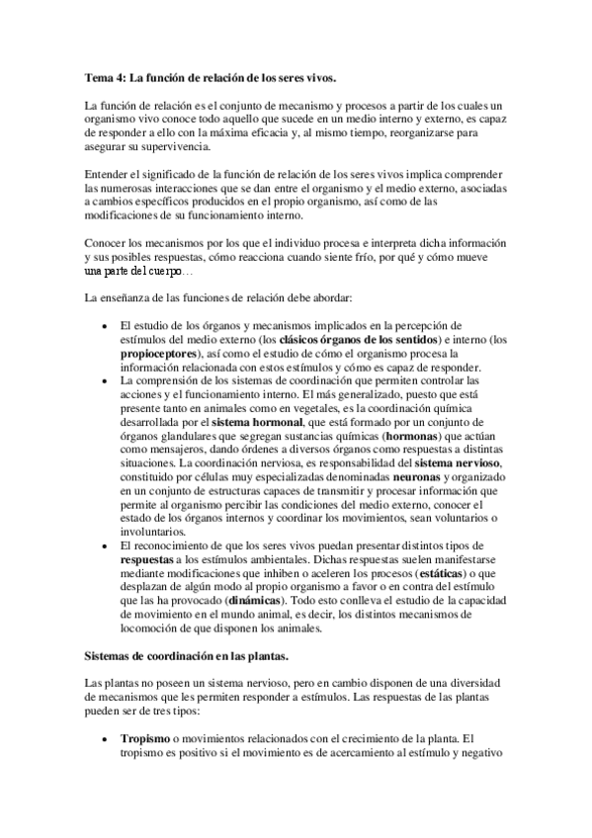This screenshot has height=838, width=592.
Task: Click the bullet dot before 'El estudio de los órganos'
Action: click(105, 325)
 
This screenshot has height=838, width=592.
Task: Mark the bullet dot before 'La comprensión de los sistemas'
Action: click(105, 380)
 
